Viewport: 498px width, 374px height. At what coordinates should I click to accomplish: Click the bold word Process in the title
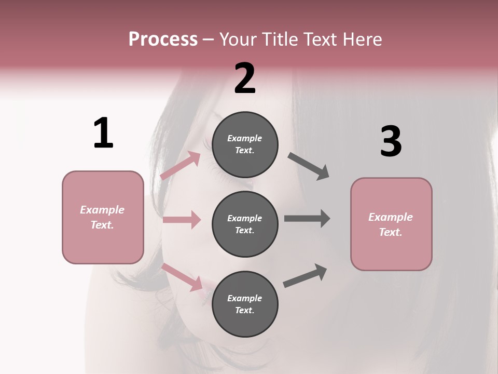tap(163, 39)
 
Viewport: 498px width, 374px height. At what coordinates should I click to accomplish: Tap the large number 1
tap(103, 133)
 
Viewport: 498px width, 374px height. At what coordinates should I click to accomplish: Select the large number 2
tap(245, 78)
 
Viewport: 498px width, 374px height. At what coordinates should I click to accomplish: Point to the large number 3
tap(391, 142)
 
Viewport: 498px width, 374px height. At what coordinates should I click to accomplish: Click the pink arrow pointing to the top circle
tap(180, 165)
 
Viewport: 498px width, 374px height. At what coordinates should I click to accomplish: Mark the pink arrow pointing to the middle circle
tap(182, 220)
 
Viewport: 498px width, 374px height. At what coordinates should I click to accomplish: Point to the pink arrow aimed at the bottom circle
tap(182, 277)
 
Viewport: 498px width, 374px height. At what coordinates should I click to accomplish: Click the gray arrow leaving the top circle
tap(309, 166)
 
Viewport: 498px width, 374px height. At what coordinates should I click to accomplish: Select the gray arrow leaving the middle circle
tap(307, 218)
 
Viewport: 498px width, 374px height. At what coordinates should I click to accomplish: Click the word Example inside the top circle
tap(245, 138)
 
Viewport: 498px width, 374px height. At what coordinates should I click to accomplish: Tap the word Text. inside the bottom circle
tap(245, 310)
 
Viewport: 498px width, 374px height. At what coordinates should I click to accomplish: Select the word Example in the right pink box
tap(391, 217)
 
